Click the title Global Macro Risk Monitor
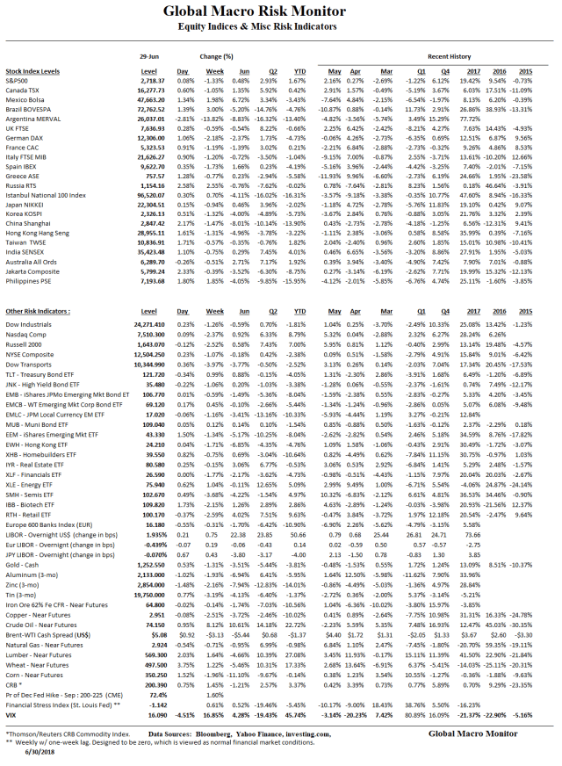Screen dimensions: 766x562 [x=280, y=13]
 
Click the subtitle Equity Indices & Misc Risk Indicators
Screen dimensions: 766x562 [x=280, y=29]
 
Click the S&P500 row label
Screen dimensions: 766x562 [x=17, y=80]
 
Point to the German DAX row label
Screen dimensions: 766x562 [x=24, y=138]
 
